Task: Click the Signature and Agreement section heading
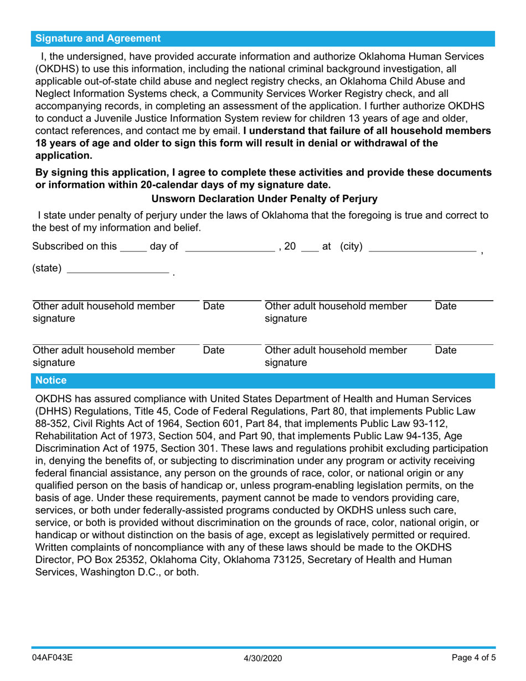[x=98, y=39]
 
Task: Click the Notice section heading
[x=51, y=380]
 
